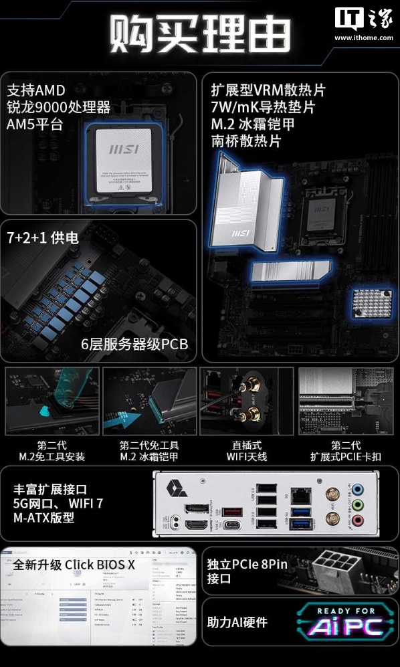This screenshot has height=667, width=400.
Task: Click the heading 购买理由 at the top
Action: click(x=199, y=32)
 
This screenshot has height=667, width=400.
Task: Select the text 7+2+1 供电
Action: click(x=43, y=237)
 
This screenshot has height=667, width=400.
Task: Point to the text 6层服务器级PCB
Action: click(x=134, y=345)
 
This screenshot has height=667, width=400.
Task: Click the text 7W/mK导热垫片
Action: click(x=263, y=107)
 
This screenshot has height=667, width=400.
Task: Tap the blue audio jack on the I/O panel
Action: click(x=359, y=488)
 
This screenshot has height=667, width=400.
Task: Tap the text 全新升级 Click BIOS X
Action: click(x=74, y=565)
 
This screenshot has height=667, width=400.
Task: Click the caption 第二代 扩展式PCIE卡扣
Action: click(x=346, y=451)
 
